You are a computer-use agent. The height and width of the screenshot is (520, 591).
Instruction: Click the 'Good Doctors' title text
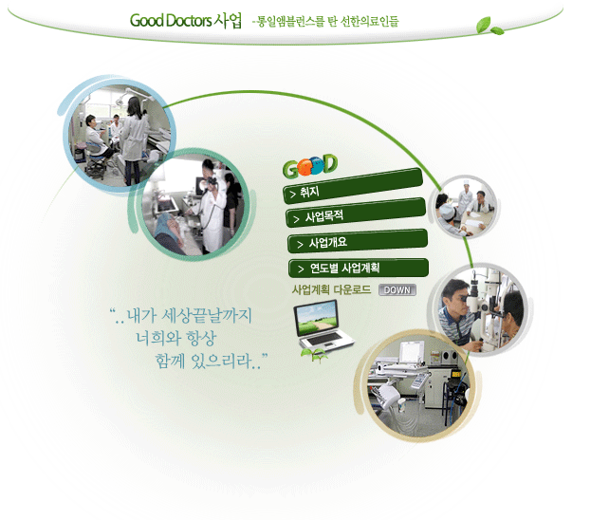[171, 20]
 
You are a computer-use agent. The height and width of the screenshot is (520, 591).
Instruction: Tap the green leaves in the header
[489, 26]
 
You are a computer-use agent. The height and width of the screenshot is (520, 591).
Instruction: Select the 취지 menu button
[353, 186]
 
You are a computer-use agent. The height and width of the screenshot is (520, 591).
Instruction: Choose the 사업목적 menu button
[356, 214]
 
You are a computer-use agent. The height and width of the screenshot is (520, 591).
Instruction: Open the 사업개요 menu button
[358, 241]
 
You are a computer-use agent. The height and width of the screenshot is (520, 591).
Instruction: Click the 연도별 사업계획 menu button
[359, 268]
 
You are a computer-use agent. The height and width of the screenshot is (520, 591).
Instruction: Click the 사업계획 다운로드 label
[331, 289]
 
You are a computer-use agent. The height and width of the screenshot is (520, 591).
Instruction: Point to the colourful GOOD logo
[310, 165]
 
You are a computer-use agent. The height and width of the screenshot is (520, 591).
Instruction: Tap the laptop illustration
[323, 325]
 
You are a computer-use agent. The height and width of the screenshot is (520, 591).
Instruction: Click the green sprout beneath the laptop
[314, 355]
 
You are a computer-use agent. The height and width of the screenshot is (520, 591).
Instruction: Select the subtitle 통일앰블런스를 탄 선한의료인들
[327, 21]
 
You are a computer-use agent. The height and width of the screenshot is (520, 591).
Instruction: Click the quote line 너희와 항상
[176, 338]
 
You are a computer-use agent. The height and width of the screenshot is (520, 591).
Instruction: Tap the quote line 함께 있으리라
[211, 361]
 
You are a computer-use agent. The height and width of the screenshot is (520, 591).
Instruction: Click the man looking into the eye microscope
[458, 311]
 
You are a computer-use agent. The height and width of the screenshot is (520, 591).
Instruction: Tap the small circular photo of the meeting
[465, 207]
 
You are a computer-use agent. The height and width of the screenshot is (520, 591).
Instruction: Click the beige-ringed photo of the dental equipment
[417, 386]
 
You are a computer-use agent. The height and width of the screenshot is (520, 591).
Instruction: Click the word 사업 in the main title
[228, 20]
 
